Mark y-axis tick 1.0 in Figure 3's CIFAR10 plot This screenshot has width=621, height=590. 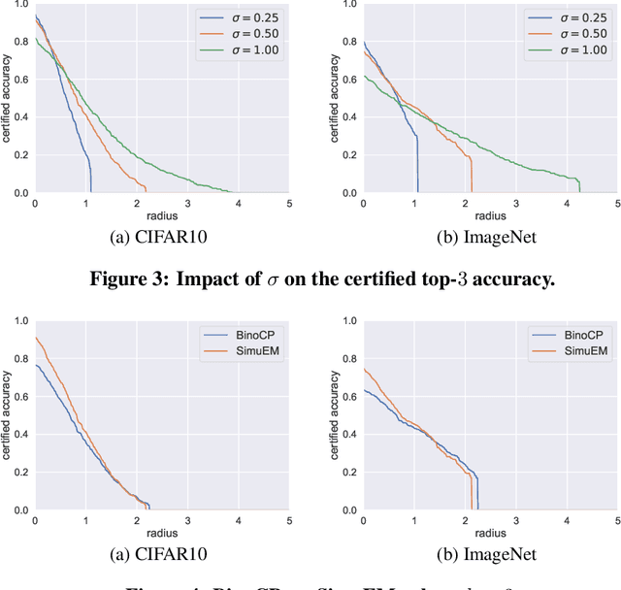pos(20,4)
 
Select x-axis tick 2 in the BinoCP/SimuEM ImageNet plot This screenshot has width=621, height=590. pos(465,521)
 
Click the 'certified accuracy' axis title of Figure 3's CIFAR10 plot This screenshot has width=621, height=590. pos(7,97)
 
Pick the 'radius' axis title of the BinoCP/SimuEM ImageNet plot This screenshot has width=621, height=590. pos(490,532)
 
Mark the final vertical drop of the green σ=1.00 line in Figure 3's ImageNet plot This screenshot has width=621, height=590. pos(579,186)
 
